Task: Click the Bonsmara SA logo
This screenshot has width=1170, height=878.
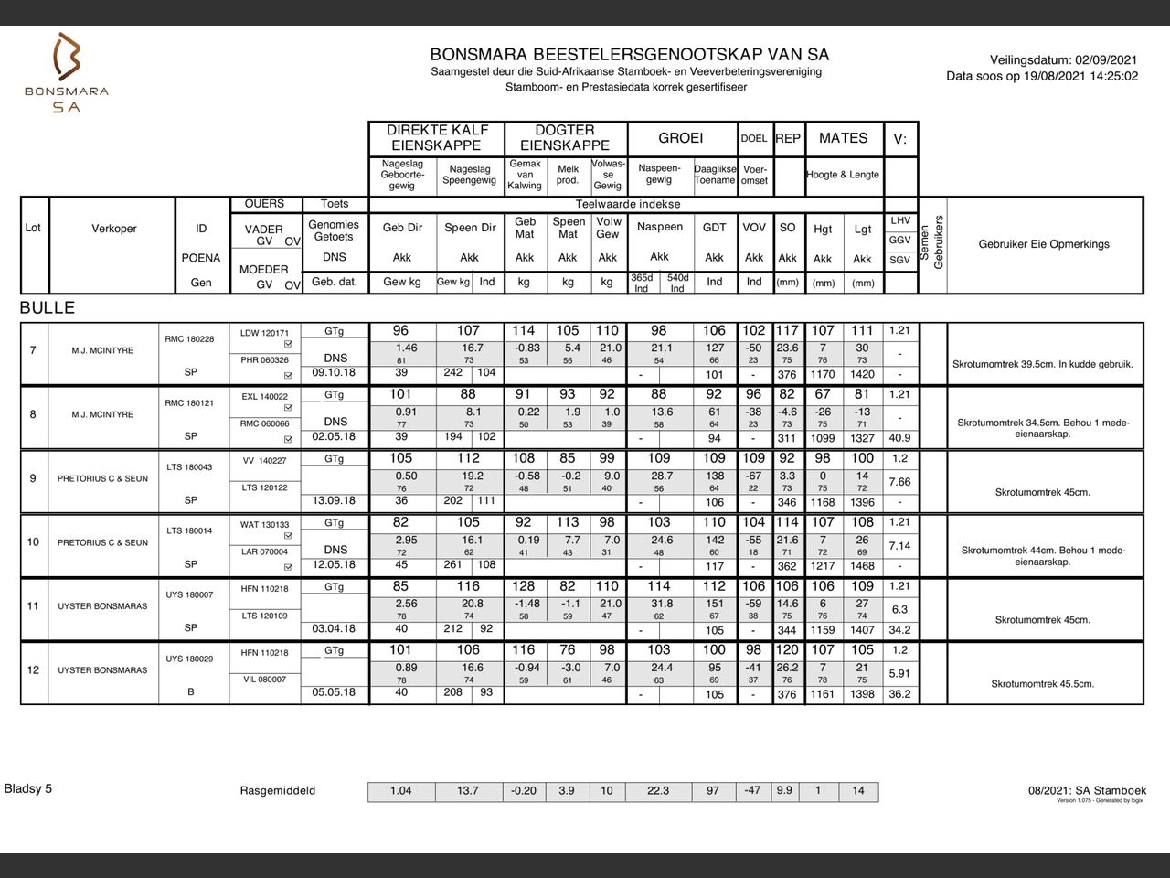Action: click(x=67, y=73)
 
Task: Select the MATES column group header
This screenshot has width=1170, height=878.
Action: click(x=843, y=138)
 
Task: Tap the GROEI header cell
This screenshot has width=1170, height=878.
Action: click(x=681, y=138)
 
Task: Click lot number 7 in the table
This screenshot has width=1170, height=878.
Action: click(x=33, y=350)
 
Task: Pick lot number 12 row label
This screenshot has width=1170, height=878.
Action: click(x=33, y=670)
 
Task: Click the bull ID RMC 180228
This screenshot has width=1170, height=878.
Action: click(x=189, y=339)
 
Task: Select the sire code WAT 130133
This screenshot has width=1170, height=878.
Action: click(x=264, y=525)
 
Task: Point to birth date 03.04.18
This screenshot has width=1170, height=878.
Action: click(x=334, y=629)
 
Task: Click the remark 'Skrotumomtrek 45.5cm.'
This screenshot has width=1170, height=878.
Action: click(x=1042, y=684)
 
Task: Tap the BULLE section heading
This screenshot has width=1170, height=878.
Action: click(x=48, y=308)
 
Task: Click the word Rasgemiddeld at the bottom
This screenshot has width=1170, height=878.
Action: click(x=278, y=791)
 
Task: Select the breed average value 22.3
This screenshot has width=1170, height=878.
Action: click(x=658, y=791)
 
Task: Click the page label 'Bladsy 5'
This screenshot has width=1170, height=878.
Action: click(x=28, y=788)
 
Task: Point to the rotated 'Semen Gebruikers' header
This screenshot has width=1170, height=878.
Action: click(x=932, y=242)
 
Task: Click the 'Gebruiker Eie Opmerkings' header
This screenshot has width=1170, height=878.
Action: click(x=1044, y=244)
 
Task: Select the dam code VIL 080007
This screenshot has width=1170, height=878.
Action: click(x=264, y=680)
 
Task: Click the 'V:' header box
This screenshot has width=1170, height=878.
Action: click(x=900, y=139)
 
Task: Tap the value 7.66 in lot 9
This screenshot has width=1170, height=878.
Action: click(x=899, y=482)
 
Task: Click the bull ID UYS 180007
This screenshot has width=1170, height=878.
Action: click(x=189, y=595)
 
